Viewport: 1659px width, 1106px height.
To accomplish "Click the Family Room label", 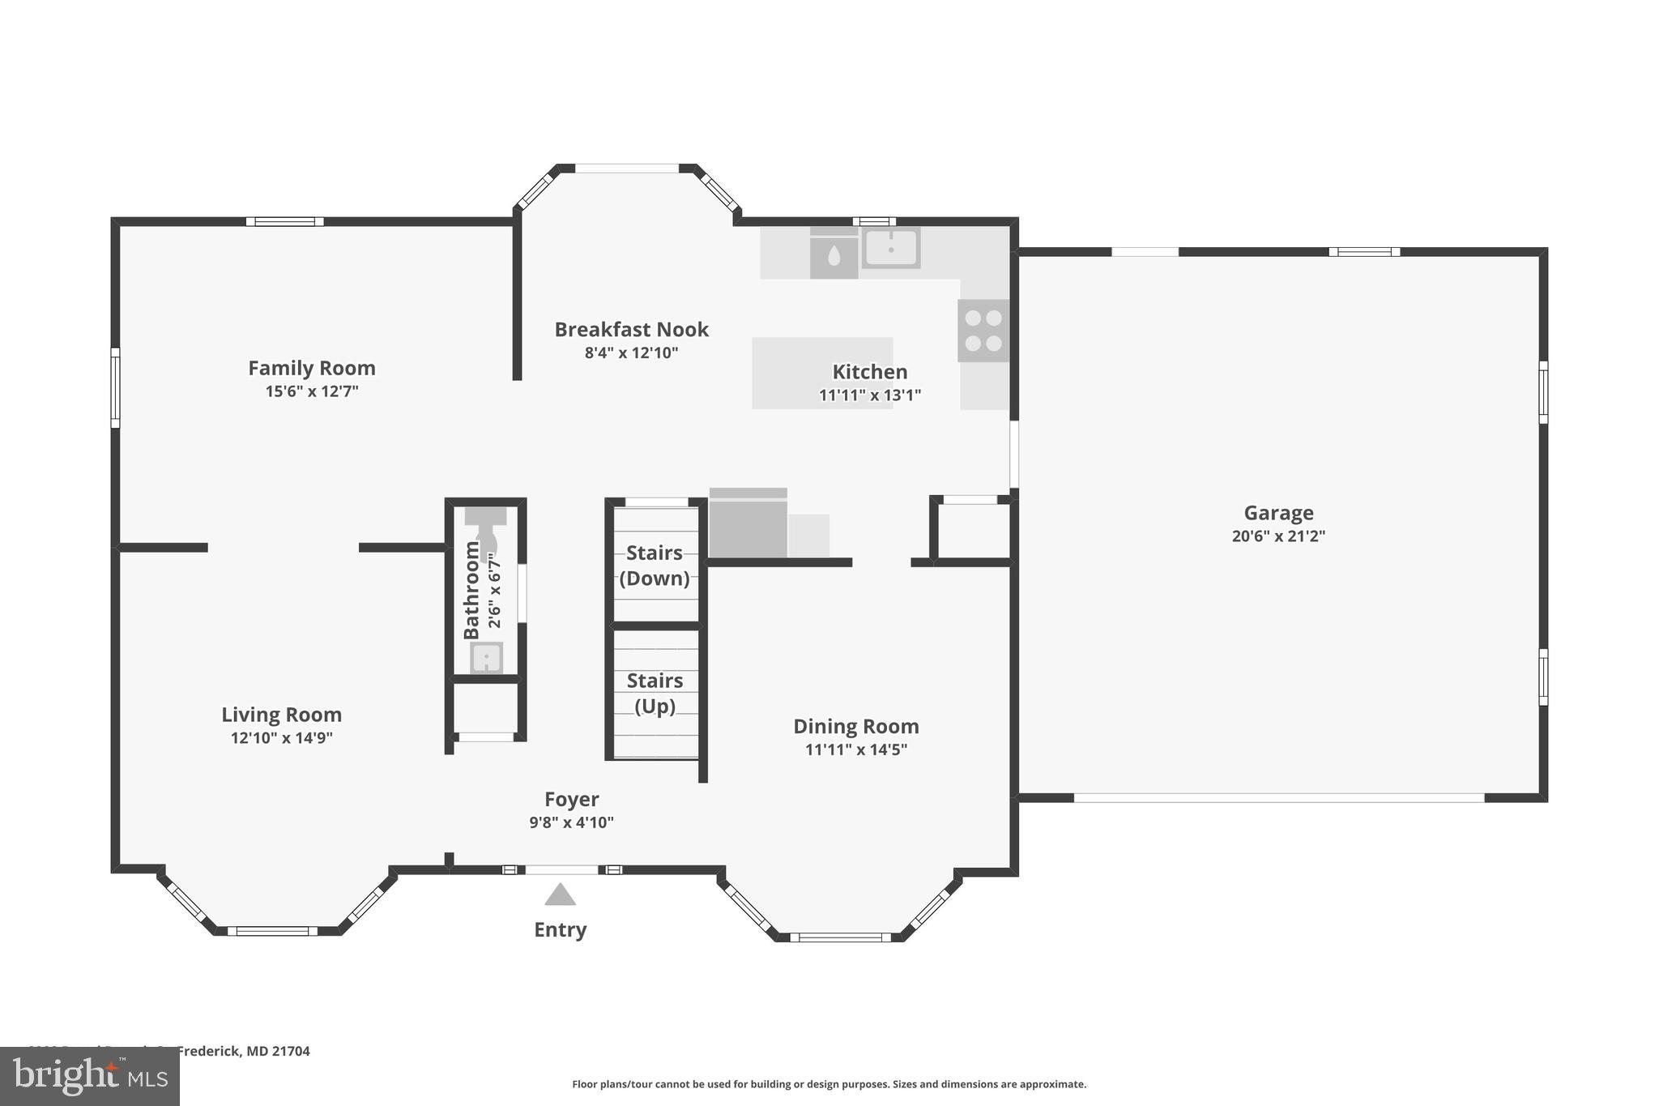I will coord(312,369).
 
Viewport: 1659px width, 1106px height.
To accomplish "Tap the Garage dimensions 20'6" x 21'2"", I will coord(1278,536).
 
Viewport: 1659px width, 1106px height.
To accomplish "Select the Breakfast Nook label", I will coord(631,330).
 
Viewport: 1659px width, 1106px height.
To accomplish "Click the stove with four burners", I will coord(983,331).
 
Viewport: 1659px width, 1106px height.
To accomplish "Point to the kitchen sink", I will coord(890,247).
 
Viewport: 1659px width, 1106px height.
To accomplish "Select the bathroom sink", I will coord(486,657).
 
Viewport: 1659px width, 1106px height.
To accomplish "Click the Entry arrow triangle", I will coord(560,895).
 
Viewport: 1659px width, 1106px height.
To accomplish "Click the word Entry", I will coord(560,930).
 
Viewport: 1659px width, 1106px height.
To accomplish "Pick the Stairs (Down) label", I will coord(655,566).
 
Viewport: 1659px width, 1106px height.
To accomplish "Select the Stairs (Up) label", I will coord(655,694).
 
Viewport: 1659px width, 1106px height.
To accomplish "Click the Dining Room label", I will coord(855,727).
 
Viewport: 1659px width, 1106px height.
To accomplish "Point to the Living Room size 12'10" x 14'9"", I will coord(281,738).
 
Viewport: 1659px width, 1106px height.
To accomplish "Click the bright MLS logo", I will coord(90,1076).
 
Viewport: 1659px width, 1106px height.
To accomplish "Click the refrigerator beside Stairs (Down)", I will coord(748,526).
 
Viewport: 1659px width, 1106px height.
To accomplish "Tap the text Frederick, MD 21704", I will coord(243,1052).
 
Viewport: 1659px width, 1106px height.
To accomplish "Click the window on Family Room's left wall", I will coord(115,387).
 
